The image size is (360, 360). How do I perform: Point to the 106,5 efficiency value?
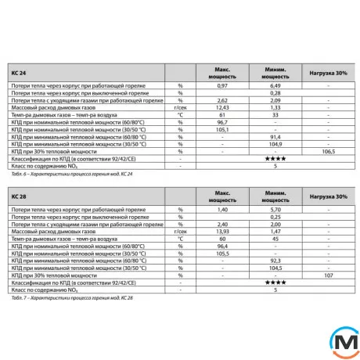[x=328, y=152]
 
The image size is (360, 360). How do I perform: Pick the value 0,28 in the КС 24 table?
[x=275, y=93]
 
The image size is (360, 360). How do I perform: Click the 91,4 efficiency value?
[x=275, y=137]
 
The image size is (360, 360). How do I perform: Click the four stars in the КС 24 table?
[x=275, y=159]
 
